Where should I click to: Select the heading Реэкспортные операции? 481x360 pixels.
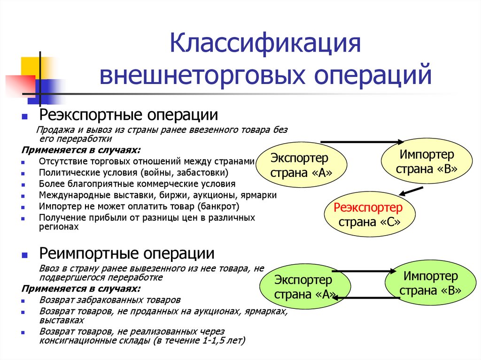coord(128,115)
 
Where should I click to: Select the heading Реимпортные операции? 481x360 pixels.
coord(127,254)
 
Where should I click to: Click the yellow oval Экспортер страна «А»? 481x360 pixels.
coord(300,165)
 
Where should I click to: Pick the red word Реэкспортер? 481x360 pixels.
coord(368,208)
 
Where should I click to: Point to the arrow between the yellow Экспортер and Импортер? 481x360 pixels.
coord(362,141)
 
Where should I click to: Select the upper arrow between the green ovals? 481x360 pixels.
coord(365,270)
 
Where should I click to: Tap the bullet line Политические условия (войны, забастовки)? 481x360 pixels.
coord(134,172)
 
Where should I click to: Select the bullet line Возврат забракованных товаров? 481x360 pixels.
coord(109,299)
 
